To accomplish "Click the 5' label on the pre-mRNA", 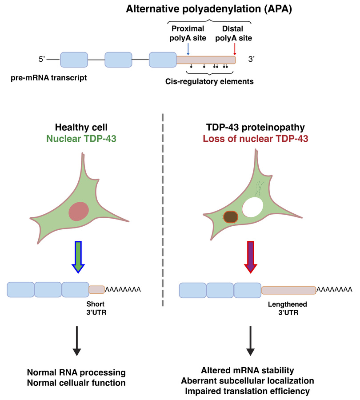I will pos(42,60).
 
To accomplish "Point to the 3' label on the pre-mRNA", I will pos(251,60).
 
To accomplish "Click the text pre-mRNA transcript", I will pos(49,78).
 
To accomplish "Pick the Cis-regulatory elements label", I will pos(209,81).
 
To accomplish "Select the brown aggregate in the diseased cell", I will pos(231,216).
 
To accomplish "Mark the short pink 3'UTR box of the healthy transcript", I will pos(97,289).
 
